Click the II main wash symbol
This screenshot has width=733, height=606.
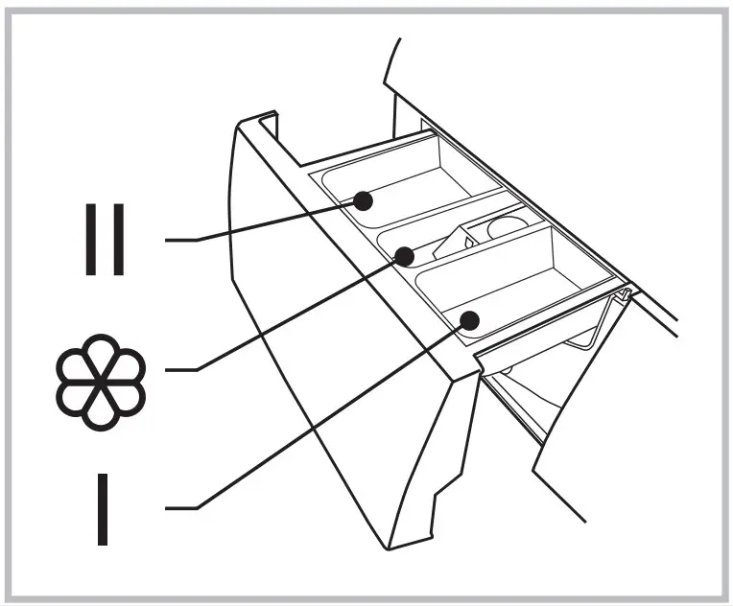tap(104, 239)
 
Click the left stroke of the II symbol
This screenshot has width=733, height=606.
tap(89, 239)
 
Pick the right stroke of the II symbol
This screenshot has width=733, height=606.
tap(118, 239)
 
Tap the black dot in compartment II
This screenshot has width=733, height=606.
tap(362, 201)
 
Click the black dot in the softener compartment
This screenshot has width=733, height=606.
tap(405, 256)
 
